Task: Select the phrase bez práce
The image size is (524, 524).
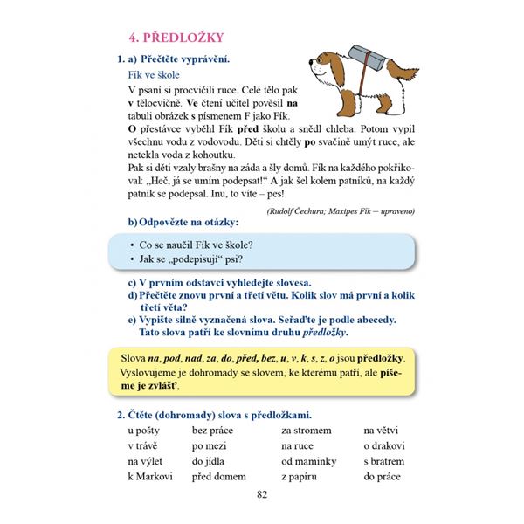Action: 211,430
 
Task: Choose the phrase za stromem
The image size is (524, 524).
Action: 306,430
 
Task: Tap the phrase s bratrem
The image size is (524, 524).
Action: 384,461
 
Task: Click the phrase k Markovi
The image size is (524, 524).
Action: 149,477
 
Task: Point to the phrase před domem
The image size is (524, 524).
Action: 218,477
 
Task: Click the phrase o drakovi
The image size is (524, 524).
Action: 384,445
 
